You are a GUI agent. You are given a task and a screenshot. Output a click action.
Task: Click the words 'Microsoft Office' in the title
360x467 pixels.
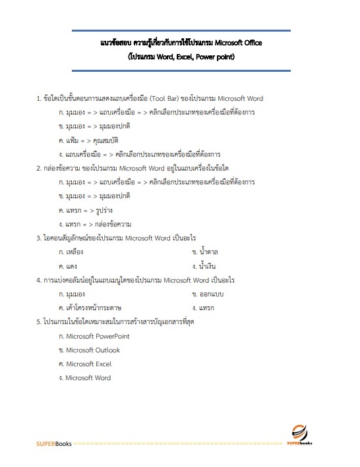click(234, 43)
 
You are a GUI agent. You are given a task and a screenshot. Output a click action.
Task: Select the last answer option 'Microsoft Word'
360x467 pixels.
click(88, 378)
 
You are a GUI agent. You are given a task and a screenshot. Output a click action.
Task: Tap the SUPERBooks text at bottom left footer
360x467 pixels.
click(54, 443)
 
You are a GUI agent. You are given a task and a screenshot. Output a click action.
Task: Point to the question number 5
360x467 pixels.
click(39, 322)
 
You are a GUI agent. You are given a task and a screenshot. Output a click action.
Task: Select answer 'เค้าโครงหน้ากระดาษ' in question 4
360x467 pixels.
click(99, 308)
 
